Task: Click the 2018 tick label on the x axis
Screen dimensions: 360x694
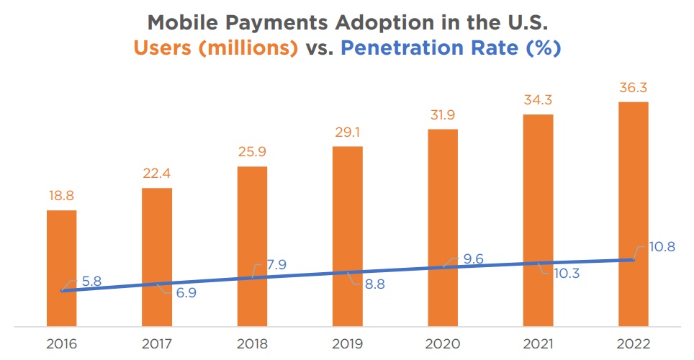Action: click(252, 343)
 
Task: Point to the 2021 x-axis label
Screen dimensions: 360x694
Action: click(538, 343)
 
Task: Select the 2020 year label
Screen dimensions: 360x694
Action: click(443, 343)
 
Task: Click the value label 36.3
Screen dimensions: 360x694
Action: click(633, 89)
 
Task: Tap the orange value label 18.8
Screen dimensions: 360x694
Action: click(61, 197)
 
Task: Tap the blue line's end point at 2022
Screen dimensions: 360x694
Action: click(633, 260)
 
